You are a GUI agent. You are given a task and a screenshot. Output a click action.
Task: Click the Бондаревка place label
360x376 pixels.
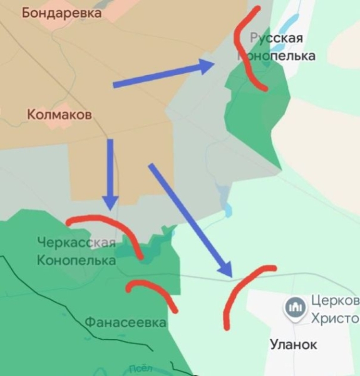coord(61,13)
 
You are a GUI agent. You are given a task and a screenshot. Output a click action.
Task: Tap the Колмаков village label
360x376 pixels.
coord(59,115)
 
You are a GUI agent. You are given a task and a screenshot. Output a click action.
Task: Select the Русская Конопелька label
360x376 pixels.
coord(276,47)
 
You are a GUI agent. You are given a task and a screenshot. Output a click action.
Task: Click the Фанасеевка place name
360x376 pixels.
coord(125,323)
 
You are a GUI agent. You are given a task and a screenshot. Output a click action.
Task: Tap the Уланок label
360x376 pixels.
coord(293,344)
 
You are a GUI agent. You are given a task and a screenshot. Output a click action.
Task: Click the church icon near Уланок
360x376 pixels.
coord(293,307)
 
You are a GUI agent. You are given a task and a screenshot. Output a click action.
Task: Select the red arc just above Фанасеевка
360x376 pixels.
coord(153,291)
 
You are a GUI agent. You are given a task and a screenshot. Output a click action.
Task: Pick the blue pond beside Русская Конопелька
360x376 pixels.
coord(285,28)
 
